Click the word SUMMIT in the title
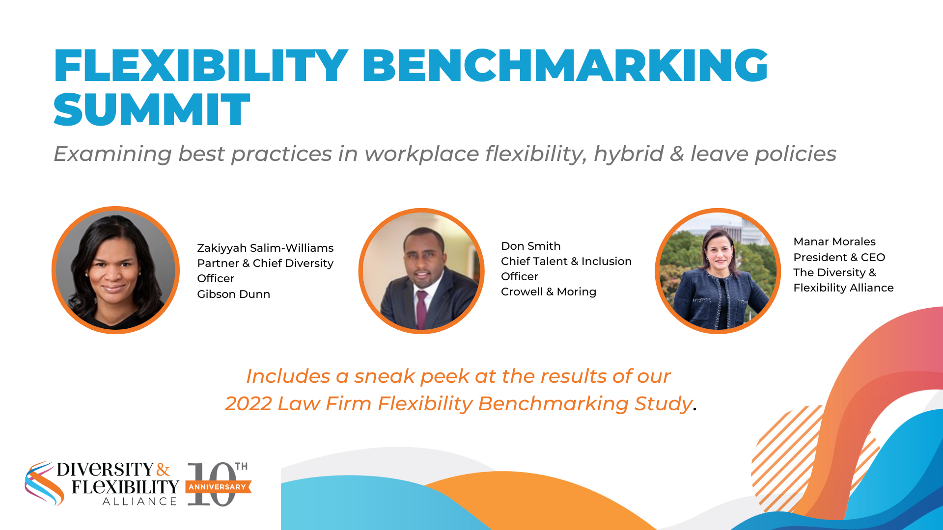tap(152, 109)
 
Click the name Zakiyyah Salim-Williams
tap(265, 248)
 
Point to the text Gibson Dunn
tap(233, 294)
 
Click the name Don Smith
tap(530, 246)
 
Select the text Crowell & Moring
tap(548, 291)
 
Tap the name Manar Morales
tap(834, 241)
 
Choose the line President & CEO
tap(839, 257)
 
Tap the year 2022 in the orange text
tap(249, 404)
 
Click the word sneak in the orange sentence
tap(385, 376)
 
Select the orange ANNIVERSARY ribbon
tap(218, 487)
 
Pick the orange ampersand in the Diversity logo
tap(163, 470)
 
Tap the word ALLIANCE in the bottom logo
tap(139, 502)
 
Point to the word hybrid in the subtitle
tap(629, 154)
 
